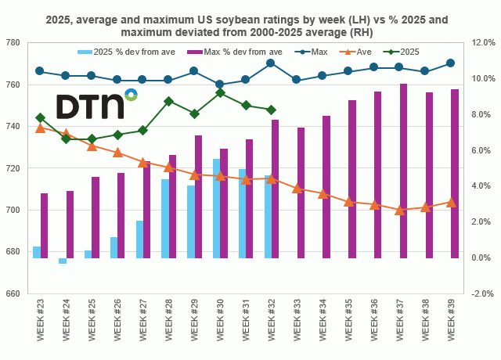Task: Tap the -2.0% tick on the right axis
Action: click(481, 294)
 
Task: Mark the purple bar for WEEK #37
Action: click(403, 171)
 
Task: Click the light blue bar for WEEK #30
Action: click(216, 208)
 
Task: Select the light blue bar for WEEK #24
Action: click(62, 261)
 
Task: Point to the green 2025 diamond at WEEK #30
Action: click(219, 92)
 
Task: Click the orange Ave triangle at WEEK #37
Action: click(400, 210)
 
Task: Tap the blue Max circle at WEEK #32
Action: click(270, 63)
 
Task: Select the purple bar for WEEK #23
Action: click(44, 225)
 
